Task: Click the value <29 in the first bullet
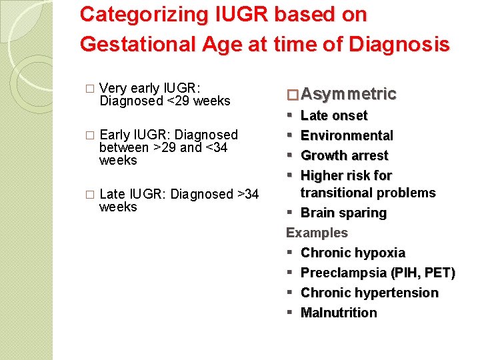click(x=180, y=101)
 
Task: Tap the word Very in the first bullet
click(x=112, y=89)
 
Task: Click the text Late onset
click(x=334, y=116)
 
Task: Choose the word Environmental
click(x=347, y=136)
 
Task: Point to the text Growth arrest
click(x=344, y=156)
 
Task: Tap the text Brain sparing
click(x=343, y=213)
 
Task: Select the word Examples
click(x=317, y=233)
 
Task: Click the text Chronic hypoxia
click(x=353, y=253)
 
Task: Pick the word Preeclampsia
click(x=343, y=273)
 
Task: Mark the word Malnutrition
click(x=339, y=313)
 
